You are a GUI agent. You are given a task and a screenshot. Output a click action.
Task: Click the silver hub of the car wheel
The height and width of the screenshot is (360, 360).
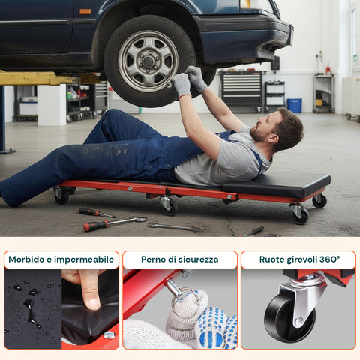148,61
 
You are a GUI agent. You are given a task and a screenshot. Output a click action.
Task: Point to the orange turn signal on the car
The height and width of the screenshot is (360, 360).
85,11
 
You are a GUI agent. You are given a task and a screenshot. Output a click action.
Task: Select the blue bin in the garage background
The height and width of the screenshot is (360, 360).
295,105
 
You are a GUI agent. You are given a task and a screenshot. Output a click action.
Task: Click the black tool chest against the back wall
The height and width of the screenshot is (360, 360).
241,91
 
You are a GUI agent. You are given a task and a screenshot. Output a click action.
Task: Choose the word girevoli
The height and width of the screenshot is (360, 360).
305,259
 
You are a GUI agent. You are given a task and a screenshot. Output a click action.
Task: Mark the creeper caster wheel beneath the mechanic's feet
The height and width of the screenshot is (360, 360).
61,196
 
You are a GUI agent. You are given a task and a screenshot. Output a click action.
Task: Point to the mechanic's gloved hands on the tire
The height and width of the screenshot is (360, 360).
188,80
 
